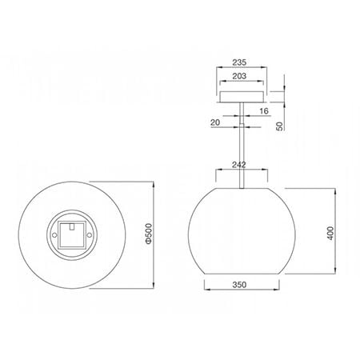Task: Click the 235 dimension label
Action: coord(239,62)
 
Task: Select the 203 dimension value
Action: coord(239,76)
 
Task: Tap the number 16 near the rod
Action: coord(264,111)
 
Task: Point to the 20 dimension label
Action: coord(215,122)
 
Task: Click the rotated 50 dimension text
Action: coord(279,126)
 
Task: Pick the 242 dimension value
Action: coord(238,165)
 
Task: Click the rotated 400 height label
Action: coord(330,233)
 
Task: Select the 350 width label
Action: coord(239,285)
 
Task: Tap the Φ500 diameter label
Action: coord(149,234)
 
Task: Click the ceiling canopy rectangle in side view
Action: coord(242,97)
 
